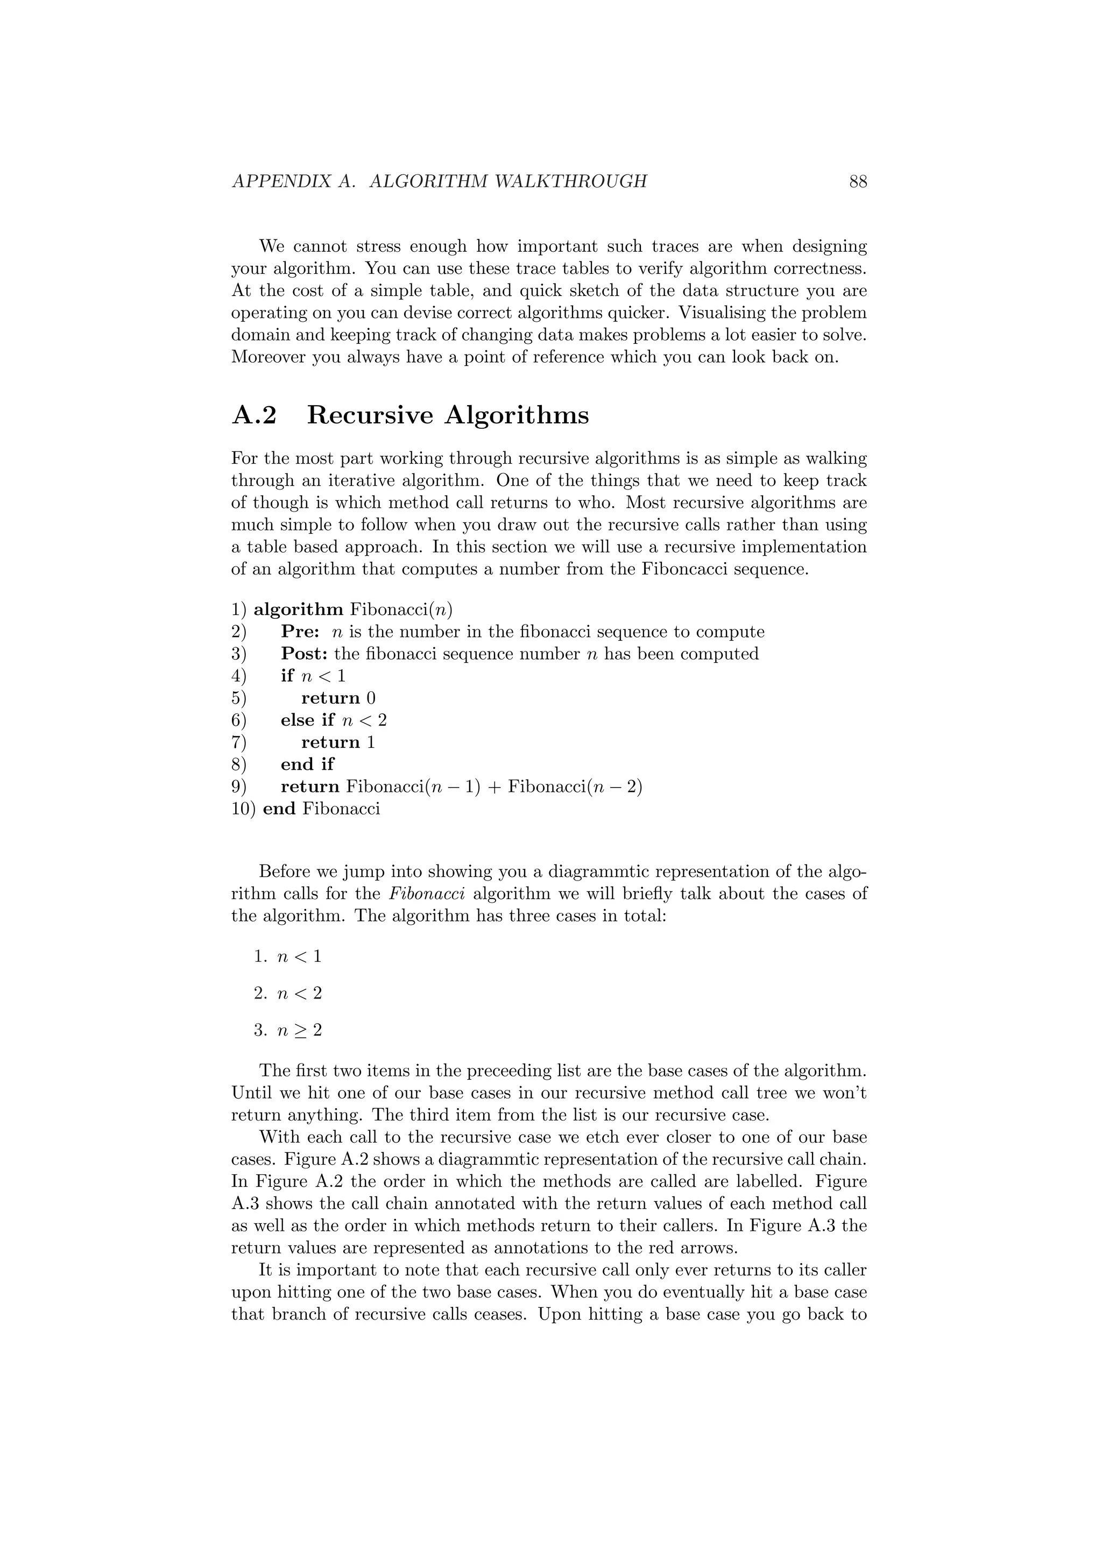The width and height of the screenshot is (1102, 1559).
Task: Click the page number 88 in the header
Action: [x=858, y=182]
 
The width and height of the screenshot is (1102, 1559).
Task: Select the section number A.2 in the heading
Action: [x=255, y=415]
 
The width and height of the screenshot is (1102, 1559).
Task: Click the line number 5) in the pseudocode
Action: [x=238, y=698]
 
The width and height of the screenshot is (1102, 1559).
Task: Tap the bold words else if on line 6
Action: [x=307, y=720]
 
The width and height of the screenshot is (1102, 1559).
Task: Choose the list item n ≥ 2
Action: [x=299, y=1031]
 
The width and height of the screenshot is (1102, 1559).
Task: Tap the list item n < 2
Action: [x=299, y=994]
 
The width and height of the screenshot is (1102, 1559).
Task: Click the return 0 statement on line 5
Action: [x=338, y=698]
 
